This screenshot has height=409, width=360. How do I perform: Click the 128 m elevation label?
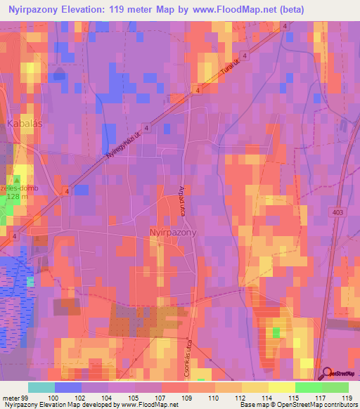18,197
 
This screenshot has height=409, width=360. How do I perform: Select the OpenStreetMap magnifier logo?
327,374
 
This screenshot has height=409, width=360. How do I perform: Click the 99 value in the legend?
24,398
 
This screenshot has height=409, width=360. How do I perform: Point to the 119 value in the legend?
345,398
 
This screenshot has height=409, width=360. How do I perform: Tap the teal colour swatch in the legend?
41,387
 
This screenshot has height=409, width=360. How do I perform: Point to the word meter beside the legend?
10,398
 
